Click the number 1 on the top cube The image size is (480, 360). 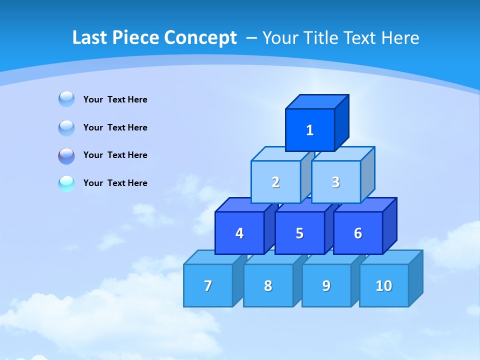pos(309,130)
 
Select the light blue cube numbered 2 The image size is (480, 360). pos(275,182)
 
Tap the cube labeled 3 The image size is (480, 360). pos(335,182)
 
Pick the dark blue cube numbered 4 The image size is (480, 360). pos(239,233)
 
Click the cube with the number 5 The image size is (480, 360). pos(299,233)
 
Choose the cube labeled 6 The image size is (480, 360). pos(358,233)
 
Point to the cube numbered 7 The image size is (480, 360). pos(208,285)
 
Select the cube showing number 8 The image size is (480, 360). pos(268,285)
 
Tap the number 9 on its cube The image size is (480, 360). pos(326,285)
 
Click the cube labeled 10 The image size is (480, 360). pos(383,285)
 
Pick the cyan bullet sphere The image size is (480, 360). pos(66,183)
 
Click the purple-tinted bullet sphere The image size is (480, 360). pos(66,156)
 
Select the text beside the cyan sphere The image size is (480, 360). pos(115,183)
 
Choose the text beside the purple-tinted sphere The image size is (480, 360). pos(115,155)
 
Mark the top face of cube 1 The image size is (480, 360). pos(317,102)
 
